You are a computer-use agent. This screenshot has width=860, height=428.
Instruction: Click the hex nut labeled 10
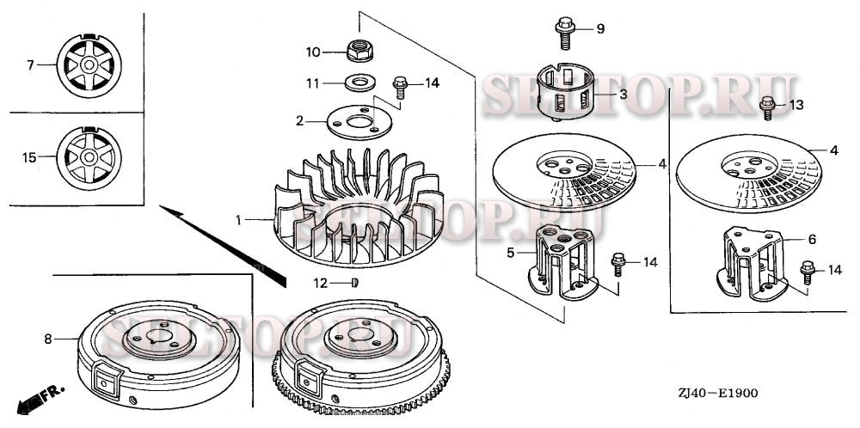359,51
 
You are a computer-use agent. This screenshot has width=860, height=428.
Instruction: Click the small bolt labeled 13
768,107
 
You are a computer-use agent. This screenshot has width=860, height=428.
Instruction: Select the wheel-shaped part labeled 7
89,66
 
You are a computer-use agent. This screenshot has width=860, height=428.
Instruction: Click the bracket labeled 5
562,263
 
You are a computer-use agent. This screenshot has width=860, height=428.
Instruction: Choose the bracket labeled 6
752,264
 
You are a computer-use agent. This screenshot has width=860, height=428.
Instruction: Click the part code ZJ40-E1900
717,393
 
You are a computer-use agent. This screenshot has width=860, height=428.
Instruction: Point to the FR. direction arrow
41,399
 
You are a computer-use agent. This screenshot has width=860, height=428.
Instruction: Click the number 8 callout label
48,339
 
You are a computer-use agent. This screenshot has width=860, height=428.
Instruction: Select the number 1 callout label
238,220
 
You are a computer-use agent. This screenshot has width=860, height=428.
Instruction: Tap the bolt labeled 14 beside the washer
401,87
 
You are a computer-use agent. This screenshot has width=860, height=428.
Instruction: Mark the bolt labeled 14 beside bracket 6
808,272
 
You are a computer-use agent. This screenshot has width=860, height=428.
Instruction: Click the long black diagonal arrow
223,246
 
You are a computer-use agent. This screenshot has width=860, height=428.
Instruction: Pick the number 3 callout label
623,95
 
